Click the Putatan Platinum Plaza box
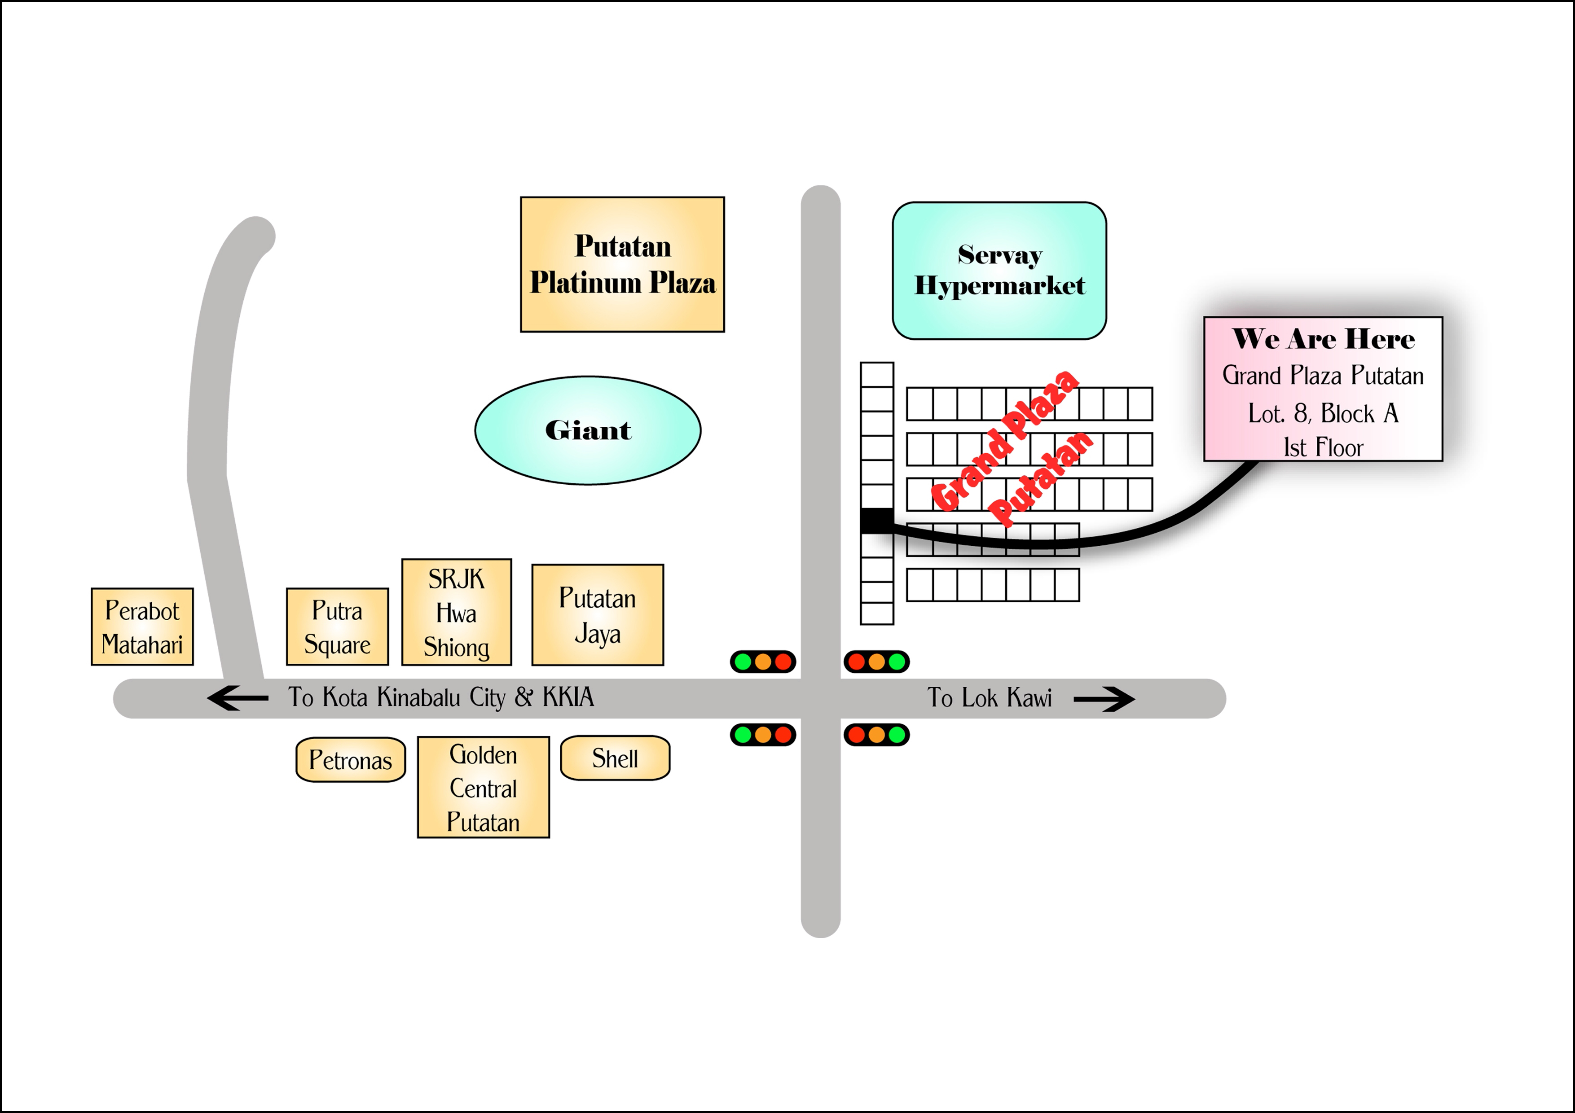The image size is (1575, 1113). click(622, 264)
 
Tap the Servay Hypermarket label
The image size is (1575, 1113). click(999, 270)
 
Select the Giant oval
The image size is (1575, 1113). click(588, 430)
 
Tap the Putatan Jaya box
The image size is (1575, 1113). click(598, 615)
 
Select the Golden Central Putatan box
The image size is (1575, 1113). click(483, 787)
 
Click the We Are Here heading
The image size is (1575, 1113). click(1323, 339)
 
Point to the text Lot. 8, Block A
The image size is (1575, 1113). click(1323, 413)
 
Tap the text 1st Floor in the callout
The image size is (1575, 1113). click(1323, 448)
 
